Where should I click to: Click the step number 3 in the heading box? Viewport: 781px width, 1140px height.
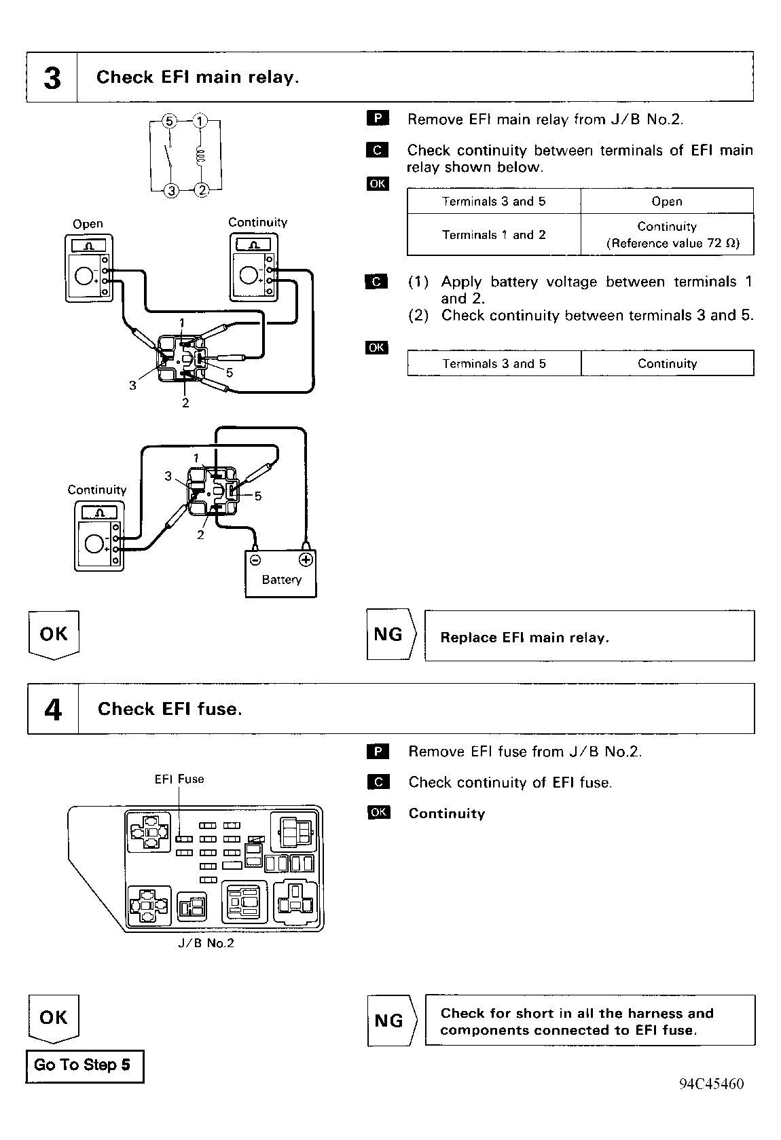click(x=52, y=78)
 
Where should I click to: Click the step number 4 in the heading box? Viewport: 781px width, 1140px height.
click(x=53, y=710)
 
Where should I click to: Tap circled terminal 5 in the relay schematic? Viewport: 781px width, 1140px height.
click(x=169, y=121)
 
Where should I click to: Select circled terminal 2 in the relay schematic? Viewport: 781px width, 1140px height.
click(x=202, y=190)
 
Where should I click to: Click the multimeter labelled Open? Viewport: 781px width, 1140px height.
click(x=88, y=268)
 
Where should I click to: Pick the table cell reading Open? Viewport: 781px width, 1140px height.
click(x=667, y=201)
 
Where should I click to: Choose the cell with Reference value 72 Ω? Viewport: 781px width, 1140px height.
click(x=667, y=235)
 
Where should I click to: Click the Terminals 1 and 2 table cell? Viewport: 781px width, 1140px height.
click(x=494, y=235)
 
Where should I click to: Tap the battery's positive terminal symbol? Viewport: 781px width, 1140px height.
click(x=306, y=560)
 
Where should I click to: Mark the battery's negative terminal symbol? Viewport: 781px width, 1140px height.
click(x=255, y=560)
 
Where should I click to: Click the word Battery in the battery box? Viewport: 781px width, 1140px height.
click(x=282, y=580)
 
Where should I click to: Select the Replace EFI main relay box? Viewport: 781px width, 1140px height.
click(x=589, y=636)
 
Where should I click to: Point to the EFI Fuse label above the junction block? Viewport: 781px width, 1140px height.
click(x=179, y=779)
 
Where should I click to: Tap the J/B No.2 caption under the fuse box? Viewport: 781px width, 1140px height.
click(x=206, y=943)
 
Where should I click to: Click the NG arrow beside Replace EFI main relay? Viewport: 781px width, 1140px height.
click(x=391, y=634)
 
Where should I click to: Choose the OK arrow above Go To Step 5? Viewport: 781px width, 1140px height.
click(x=54, y=1018)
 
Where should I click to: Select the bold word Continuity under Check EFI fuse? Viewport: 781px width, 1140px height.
click(x=446, y=813)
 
